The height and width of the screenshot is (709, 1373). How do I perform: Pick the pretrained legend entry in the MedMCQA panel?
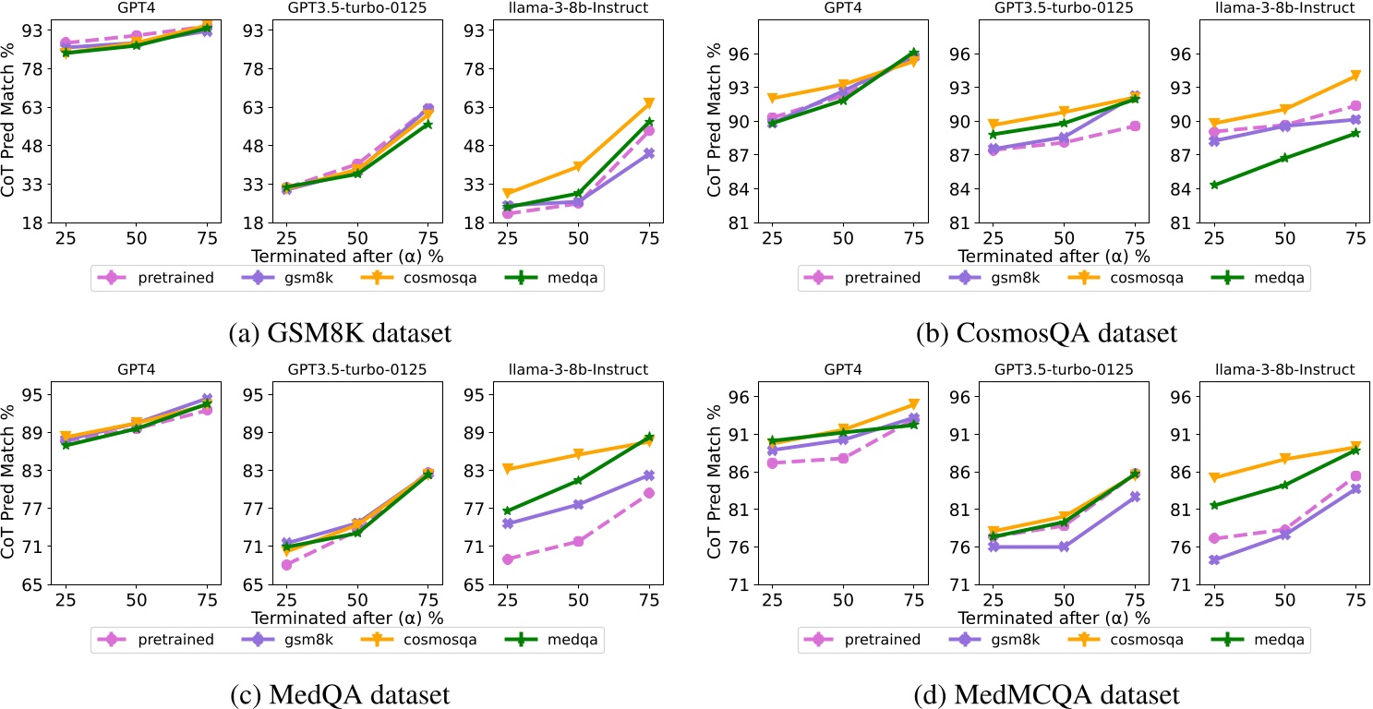(875, 639)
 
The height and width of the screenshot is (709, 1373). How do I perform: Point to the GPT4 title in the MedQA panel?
(136, 369)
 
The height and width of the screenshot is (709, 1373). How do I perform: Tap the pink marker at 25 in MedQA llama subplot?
(507, 559)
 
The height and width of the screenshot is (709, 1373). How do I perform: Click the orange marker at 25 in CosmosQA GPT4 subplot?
(773, 98)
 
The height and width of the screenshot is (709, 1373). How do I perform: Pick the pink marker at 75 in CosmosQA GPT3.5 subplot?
(1135, 126)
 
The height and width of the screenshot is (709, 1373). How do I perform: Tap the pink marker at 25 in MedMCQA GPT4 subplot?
(773, 463)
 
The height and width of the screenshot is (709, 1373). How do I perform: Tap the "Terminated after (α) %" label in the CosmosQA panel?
(1054, 256)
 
